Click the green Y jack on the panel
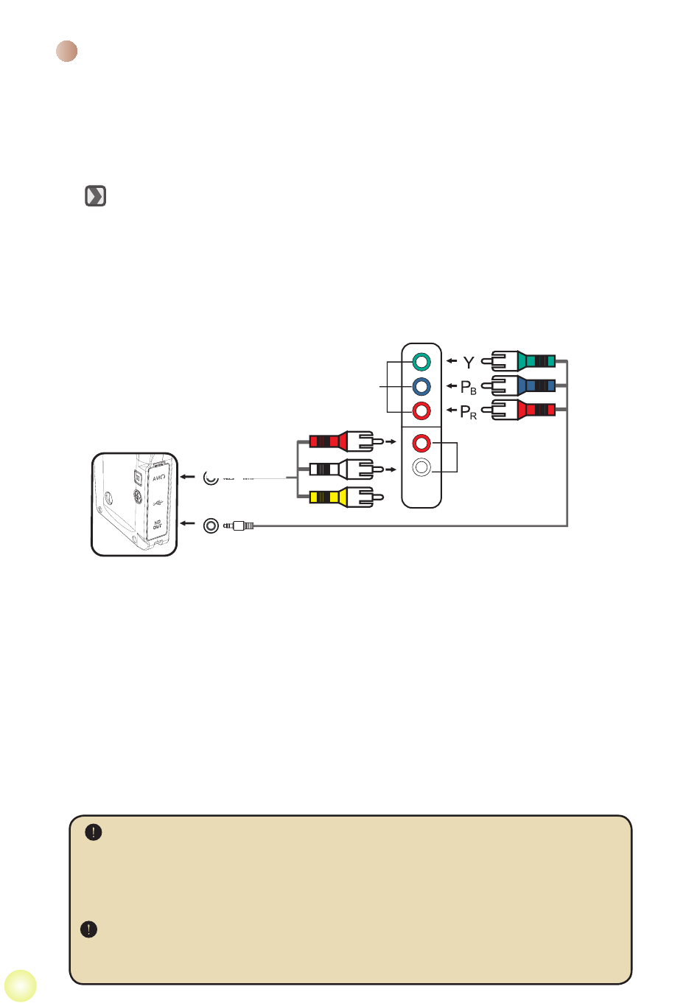[x=421, y=362]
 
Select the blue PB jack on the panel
[x=421, y=386]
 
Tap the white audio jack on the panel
[x=421, y=467]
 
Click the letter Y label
[x=469, y=363]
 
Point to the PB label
[x=468, y=387]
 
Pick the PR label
[x=468, y=412]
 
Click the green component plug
[x=524, y=361]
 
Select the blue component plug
[x=524, y=385]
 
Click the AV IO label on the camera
[x=158, y=477]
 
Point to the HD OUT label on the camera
[x=158, y=524]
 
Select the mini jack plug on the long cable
[x=239, y=525]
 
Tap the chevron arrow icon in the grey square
[x=96, y=196]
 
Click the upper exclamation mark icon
[x=94, y=832]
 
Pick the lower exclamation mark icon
[x=88, y=929]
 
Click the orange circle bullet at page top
[x=67, y=52]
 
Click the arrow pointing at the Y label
[x=452, y=361]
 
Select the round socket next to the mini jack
[x=211, y=525]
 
